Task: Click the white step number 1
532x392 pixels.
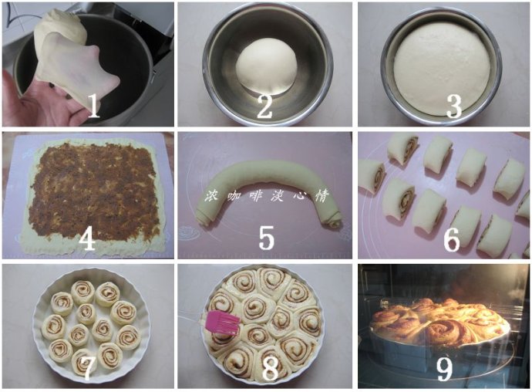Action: (93, 105)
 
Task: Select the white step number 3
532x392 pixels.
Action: (454, 106)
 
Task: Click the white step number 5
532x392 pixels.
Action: (266, 238)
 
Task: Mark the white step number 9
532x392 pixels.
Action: (444, 370)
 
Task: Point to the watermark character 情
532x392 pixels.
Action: (322, 196)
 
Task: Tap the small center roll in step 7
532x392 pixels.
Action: (86, 313)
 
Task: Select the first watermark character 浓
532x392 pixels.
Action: (211, 197)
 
